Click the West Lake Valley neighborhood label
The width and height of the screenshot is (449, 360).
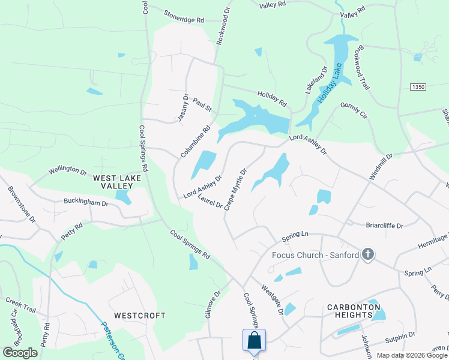(117, 182)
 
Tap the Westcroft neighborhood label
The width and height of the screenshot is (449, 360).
(140, 315)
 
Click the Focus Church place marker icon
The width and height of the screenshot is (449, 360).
(368, 255)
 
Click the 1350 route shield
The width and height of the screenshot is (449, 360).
(418, 88)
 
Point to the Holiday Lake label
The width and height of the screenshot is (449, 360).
(329, 82)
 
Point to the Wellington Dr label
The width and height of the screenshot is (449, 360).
(68, 170)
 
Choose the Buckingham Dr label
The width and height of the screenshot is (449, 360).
(88, 203)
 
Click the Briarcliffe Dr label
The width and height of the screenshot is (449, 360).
(384, 226)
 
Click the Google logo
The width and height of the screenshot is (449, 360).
(20, 353)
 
